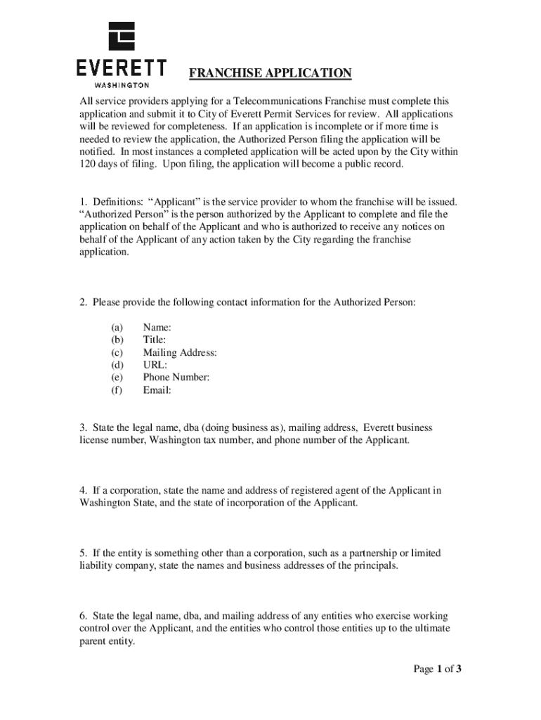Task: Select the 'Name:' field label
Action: (157, 327)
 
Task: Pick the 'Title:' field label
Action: (155, 340)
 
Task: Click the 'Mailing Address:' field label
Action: (179, 352)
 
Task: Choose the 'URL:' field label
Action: (155, 365)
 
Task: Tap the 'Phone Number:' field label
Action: (176, 378)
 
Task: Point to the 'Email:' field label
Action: (157, 390)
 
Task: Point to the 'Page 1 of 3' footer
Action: (436, 669)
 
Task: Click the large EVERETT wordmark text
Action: (121, 68)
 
